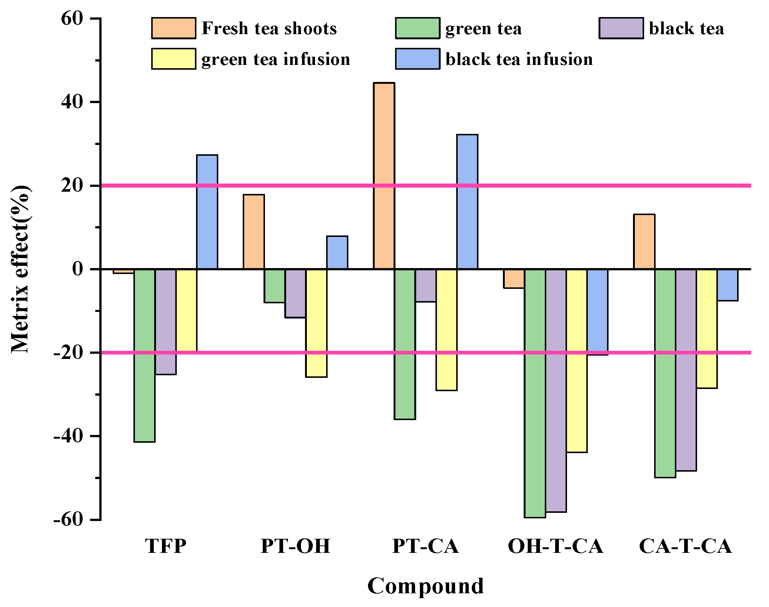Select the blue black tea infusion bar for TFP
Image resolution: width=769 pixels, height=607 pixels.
tap(207, 212)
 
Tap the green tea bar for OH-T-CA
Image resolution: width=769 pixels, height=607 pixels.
tap(535, 393)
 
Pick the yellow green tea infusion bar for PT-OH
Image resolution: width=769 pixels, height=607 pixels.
tap(316, 323)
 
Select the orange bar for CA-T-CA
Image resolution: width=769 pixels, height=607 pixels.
tap(644, 241)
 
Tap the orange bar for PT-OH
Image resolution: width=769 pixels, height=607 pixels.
tap(254, 232)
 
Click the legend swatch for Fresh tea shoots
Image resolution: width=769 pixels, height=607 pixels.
tap(173, 28)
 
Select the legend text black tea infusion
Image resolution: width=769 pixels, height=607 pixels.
tap(519, 59)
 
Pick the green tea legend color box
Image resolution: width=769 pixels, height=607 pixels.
tap(417, 28)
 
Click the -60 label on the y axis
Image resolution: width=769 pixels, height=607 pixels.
tap(69, 519)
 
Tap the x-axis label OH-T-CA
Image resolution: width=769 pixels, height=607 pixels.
tap(555, 546)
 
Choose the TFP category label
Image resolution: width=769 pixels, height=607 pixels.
tap(166, 546)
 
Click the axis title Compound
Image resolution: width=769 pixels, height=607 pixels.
tap(425, 586)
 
